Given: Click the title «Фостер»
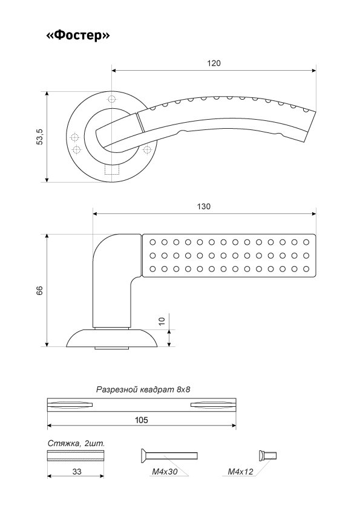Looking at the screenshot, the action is tap(77, 35).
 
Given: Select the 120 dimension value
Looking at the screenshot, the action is tap(214, 63).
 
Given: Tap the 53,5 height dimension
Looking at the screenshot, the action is tap(40, 137).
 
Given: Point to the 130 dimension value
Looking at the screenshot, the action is tap(204, 207).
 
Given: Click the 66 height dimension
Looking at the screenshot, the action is tap(40, 290).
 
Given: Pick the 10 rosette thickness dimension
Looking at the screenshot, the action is tap(162, 321).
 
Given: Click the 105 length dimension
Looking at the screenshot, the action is tap(142, 420).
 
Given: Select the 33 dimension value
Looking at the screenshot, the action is tap(77, 472).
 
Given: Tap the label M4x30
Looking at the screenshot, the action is tap(165, 472).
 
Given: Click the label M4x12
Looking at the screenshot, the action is tap(240, 472).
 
